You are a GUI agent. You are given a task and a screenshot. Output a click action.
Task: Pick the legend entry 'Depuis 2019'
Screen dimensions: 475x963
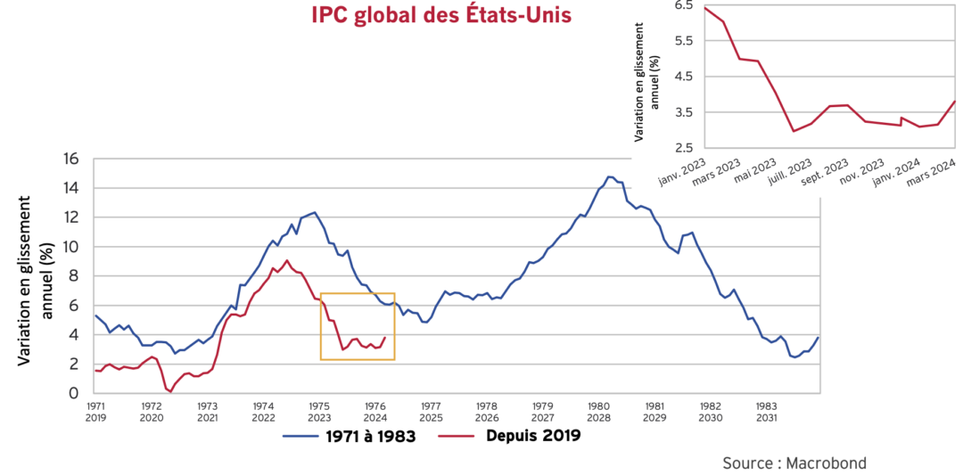[x=533, y=436]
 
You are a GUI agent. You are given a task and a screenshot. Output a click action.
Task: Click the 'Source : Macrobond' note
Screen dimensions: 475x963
[x=794, y=463]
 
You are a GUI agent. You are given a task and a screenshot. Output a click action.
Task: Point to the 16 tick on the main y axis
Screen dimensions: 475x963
[x=70, y=159]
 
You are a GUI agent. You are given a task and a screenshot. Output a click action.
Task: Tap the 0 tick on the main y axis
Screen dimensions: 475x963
[x=75, y=393]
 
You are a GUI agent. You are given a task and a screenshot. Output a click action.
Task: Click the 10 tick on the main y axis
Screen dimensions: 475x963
[x=70, y=247]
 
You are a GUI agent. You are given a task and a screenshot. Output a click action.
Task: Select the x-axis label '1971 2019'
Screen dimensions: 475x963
[x=95, y=411]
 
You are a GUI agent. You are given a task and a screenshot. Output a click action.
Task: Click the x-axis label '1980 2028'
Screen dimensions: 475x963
[x=598, y=411]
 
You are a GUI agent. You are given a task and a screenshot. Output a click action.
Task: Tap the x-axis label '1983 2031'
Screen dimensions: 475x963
[x=766, y=411]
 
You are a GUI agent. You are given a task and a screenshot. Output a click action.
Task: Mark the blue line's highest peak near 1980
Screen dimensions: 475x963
[x=610, y=176]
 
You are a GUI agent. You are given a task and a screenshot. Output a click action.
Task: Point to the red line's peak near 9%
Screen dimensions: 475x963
[x=286, y=260]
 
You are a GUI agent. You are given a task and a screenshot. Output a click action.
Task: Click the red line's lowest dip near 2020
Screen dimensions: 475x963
[x=169, y=390]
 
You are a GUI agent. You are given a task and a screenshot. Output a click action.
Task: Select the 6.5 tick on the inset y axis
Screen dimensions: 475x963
[x=684, y=5]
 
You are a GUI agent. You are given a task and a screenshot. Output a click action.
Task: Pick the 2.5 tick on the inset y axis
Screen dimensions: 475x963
[x=684, y=148]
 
